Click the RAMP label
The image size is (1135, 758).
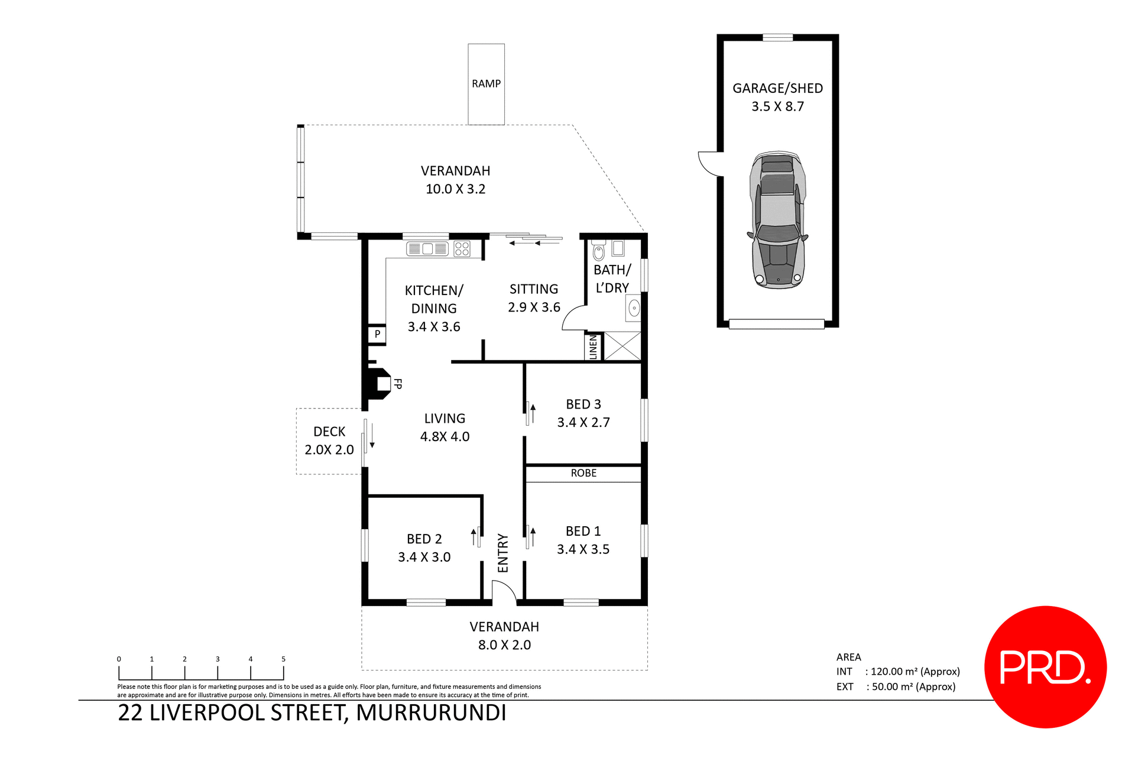(486, 84)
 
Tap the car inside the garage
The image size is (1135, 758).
(778, 220)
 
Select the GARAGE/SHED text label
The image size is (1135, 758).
(777, 88)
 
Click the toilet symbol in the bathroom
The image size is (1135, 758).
(599, 251)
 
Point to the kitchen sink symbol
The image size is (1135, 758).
(427, 249)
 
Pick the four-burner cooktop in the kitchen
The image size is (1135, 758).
(462, 249)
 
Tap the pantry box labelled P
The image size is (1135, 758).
(377, 335)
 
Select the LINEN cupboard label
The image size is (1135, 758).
(594, 347)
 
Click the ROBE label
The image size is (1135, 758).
(583, 473)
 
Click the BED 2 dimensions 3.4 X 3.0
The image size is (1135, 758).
(424, 557)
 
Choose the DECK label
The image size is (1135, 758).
(329, 432)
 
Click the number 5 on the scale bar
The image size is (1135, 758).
(283, 659)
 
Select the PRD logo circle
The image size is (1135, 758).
(1045, 667)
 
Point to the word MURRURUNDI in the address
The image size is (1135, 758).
(431, 713)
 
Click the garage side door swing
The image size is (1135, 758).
(709, 163)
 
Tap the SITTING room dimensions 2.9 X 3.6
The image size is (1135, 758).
(534, 307)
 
